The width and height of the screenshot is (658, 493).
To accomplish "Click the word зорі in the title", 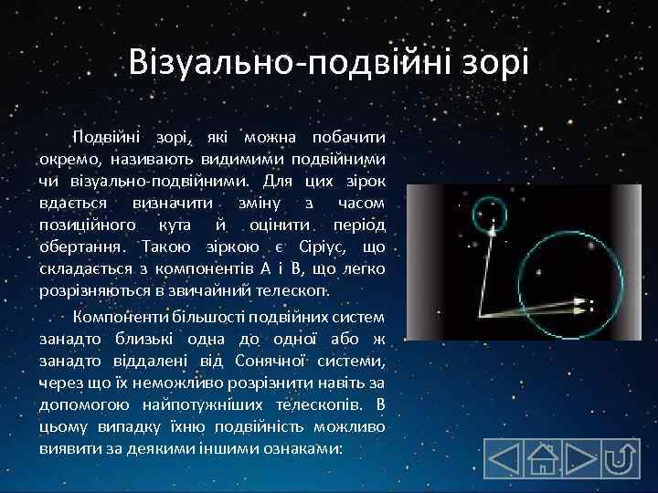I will click(493, 63).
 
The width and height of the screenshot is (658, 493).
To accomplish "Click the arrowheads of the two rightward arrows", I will click(578, 305).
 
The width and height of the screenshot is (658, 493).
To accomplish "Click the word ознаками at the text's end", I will click(306, 449).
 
